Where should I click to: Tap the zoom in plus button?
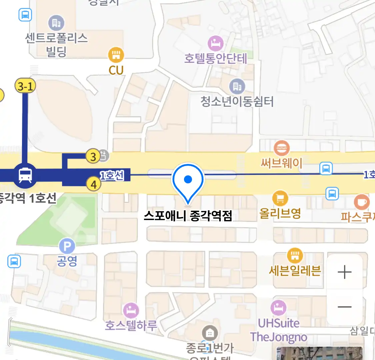point(344,272)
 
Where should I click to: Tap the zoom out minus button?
point(344,307)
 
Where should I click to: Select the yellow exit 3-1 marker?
point(25,86)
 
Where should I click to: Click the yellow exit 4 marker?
point(94,184)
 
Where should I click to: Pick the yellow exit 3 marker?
point(93,156)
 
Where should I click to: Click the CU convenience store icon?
point(116,55)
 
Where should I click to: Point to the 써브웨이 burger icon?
point(282,149)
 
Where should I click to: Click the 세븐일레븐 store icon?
point(295,256)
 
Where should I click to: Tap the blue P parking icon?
point(67,247)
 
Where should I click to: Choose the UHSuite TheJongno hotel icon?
point(278,308)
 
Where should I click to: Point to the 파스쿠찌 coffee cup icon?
point(362,202)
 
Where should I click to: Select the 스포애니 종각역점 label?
point(188,216)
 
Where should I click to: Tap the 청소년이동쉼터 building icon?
point(237,87)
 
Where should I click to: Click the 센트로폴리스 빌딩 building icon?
point(56,23)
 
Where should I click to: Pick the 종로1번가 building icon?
point(210,333)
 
